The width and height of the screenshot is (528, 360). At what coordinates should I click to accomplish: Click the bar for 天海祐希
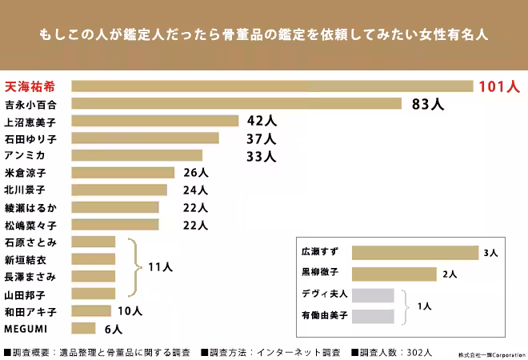point(272,86)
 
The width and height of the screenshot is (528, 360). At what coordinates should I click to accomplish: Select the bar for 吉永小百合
point(236,103)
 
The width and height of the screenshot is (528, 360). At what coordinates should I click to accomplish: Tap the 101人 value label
point(499,86)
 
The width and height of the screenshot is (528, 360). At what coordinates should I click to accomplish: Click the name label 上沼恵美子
point(30,121)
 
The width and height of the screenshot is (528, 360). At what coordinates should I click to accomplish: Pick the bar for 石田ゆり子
point(145,138)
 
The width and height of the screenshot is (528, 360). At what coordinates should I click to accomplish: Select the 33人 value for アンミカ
point(261,156)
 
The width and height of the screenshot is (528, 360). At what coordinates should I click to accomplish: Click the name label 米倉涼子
point(25,173)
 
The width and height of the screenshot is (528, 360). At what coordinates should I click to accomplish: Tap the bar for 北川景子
point(119,190)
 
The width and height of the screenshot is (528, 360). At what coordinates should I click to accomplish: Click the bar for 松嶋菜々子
point(115,225)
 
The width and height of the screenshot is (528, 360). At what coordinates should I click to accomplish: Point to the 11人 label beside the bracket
point(160,268)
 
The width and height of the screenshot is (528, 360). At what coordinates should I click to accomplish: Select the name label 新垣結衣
point(25,259)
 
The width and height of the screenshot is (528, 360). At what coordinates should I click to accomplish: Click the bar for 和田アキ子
point(91,311)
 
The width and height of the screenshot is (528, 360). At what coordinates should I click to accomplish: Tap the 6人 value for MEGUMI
point(113,329)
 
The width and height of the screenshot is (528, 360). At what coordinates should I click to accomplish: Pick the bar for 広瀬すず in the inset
point(414,253)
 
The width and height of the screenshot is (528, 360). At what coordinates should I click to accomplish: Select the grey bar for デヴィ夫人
point(373,294)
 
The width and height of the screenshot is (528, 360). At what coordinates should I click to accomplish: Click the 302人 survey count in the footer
point(418,351)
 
